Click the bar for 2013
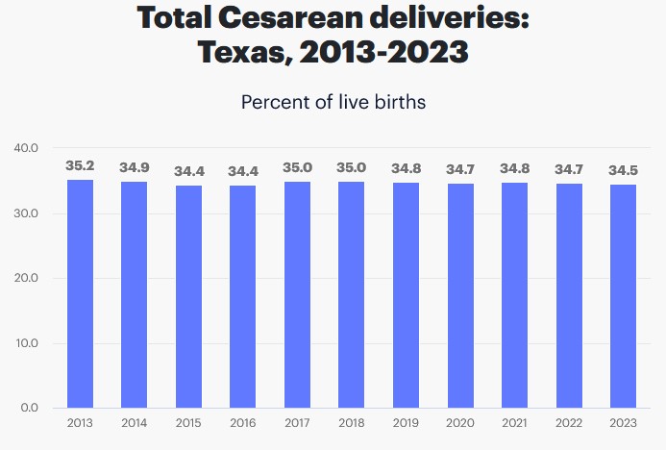point(80,293)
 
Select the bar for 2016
point(243,296)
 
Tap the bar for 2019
point(407,294)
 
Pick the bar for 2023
point(624,295)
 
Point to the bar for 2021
point(515,294)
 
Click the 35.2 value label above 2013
point(80,166)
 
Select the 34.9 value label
point(135,168)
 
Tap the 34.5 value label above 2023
point(624,170)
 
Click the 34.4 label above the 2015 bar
point(189,171)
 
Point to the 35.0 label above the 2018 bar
point(352,167)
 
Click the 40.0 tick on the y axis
point(25,149)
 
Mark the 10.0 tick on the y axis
point(25,343)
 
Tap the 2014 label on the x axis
point(135,423)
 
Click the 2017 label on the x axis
point(298,423)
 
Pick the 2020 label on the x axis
point(460,423)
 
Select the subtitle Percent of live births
point(333,102)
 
